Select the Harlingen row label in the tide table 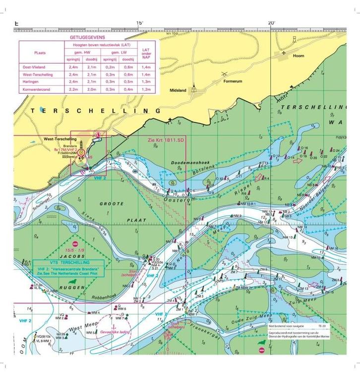click(x=33, y=81)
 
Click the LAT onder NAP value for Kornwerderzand click(x=146, y=89)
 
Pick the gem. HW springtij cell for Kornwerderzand click(x=73, y=89)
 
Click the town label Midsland click(x=178, y=91)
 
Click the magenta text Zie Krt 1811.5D click(x=166, y=140)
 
